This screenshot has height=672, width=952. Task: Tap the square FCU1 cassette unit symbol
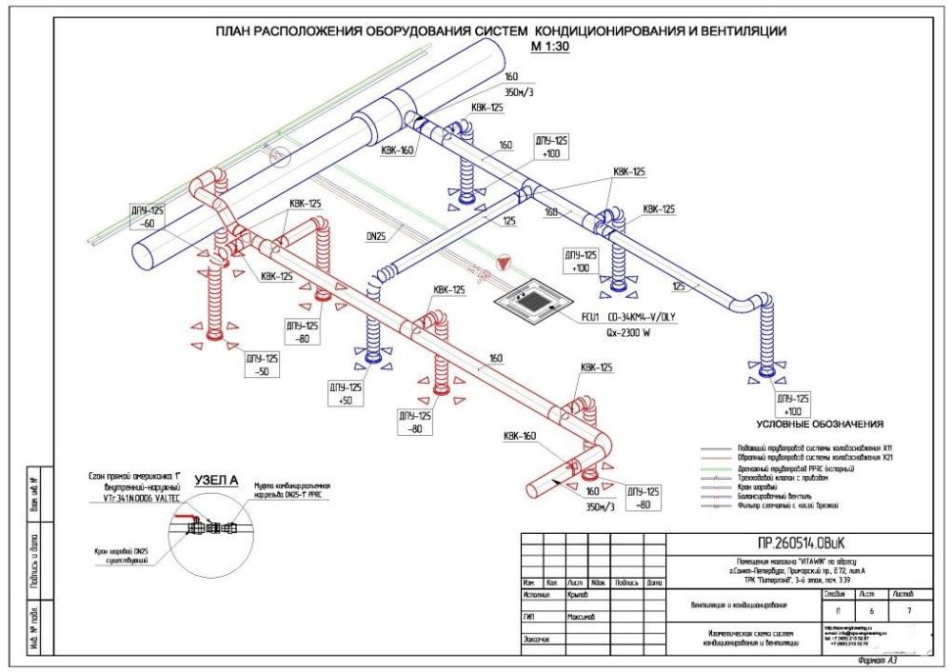[538, 300]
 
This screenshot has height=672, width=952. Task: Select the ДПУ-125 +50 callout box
[345, 394]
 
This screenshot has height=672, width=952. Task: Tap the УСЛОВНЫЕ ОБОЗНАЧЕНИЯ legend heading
[821, 424]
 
